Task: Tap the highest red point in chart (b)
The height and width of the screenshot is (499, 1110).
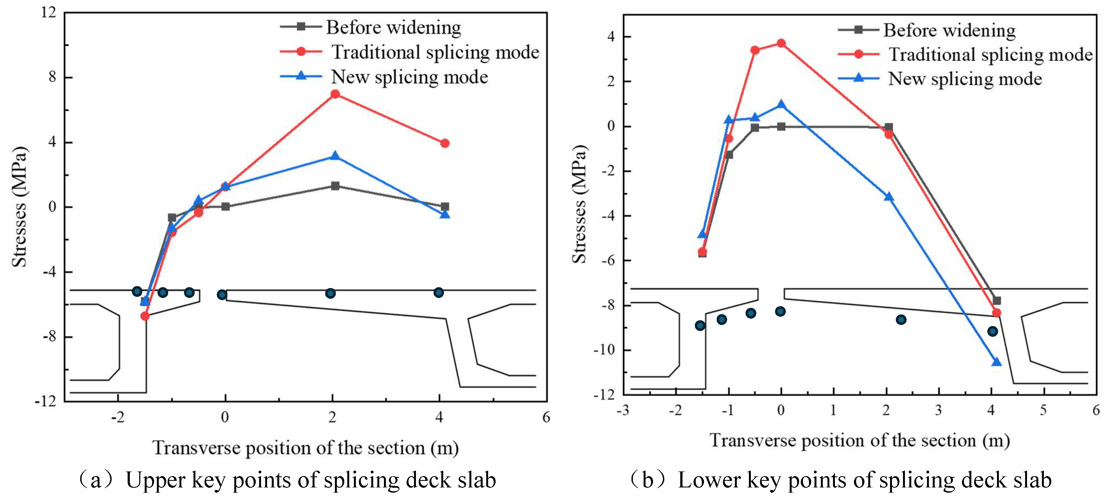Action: (781, 43)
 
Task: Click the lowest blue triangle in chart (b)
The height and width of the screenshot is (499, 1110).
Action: (996, 362)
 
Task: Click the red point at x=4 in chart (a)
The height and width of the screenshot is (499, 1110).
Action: (445, 143)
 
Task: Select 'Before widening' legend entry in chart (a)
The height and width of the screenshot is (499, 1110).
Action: (393, 28)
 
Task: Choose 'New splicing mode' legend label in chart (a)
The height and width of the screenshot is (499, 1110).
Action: (409, 77)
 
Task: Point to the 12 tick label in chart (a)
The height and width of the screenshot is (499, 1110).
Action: (49, 12)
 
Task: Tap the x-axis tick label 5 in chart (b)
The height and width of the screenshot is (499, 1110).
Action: (1043, 410)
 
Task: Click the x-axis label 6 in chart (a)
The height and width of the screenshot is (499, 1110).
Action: (546, 417)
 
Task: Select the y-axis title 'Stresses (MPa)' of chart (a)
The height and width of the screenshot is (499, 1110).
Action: (19, 207)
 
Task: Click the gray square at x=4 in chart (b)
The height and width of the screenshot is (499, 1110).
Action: (996, 300)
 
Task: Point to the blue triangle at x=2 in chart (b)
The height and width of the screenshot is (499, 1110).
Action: (888, 197)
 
